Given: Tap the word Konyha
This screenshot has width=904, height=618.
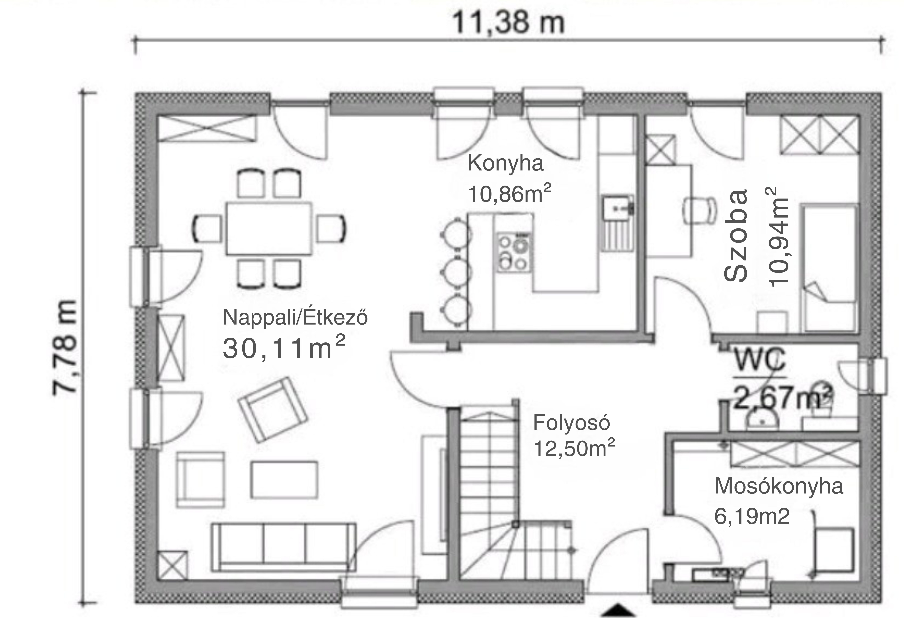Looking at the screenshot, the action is [x=505, y=163].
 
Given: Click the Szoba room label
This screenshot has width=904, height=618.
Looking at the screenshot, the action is [x=736, y=235].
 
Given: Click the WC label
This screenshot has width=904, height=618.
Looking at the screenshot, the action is [x=760, y=360].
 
